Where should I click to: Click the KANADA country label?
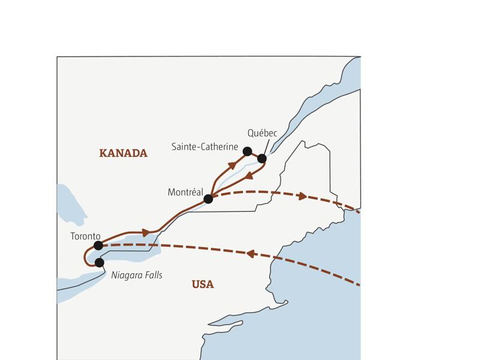pyautogui.click(x=123, y=153)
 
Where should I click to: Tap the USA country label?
pyautogui.click(x=203, y=284)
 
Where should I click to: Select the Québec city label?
pyautogui.click(x=262, y=133)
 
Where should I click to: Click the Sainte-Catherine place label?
pyautogui.click(x=205, y=147)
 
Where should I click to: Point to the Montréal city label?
pyautogui.click(x=185, y=193)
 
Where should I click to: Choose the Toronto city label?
pyautogui.click(x=85, y=236)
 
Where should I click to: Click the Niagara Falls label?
pyautogui.click(x=137, y=275)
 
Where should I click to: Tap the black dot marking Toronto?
pyautogui.click(x=98, y=245)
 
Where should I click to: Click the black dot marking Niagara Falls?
pyautogui.click(x=100, y=262)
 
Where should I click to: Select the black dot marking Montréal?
pyautogui.click(x=208, y=199)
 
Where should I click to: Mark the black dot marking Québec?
pyautogui.click(x=262, y=158)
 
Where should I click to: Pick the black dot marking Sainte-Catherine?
pyautogui.click(x=247, y=151)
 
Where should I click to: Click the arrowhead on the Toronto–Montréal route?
pyautogui.click(x=146, y=233)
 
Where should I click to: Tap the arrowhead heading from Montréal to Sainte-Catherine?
pyautogui.click(x=232, y=165)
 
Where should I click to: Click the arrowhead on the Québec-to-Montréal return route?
pyautogui.click(x=247, y=176)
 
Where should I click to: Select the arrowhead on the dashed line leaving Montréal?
pyautogui.click(x=303, y=196)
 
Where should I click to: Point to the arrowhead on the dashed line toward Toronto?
pyautogui.click(x=250, y=254)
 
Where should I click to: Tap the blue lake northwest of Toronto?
pyautogui.click(x=71, y=204)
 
